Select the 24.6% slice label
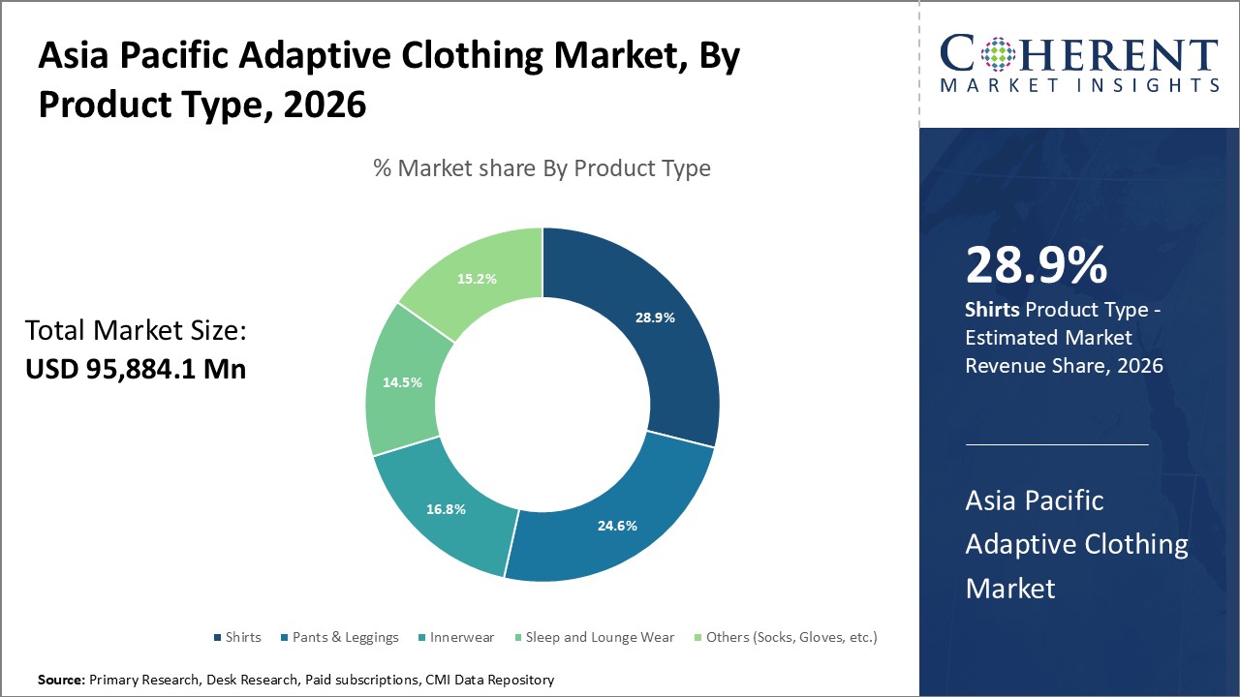pos(616,526)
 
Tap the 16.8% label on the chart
pos(446,509)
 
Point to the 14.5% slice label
pos(402,382)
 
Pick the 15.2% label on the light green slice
pos(477,279)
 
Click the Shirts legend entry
pos(236,637)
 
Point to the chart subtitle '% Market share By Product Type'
pos(542,168)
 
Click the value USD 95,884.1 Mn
pos(136,369)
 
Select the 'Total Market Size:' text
pos(136,331)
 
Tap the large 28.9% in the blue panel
pos(1036,265)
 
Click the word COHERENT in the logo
pos(1079,54)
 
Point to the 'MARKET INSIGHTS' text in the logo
pos(1079,86)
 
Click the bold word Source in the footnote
pos(61,681)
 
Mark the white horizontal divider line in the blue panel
pos(1057,444)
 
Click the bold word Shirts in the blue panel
pos(992,310)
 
